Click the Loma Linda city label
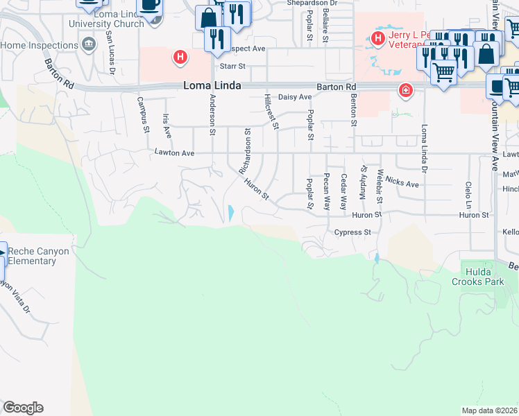(212, 86)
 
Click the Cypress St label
(352, 233)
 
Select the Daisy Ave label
(295, 97)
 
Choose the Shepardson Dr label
(312, 3)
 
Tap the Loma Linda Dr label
(423, 147)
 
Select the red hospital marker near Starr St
(180, 57)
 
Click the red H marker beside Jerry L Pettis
(378, 37)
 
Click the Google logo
(22, 408)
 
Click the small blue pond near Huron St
(230, 213)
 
